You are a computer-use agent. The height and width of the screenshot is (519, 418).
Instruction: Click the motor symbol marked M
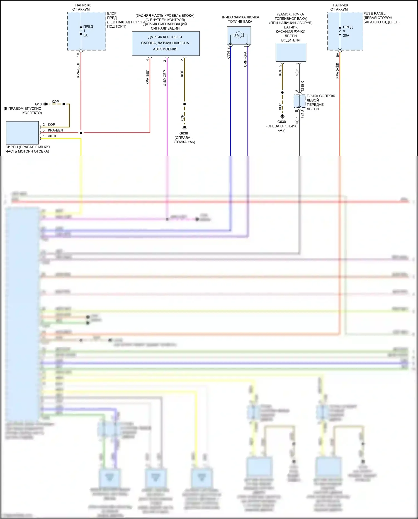238,35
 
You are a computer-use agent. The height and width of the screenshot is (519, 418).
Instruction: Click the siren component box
22,132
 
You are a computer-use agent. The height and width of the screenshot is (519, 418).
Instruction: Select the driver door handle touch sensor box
291,52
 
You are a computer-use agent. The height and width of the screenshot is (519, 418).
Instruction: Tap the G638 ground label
184,133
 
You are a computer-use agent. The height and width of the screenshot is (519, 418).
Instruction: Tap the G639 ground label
281,122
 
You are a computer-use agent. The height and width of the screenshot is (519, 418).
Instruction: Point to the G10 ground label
38,104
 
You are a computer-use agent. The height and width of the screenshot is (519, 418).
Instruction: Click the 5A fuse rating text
85,35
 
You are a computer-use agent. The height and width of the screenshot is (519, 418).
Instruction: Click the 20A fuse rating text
346,35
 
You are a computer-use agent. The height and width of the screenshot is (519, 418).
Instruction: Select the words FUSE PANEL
374,13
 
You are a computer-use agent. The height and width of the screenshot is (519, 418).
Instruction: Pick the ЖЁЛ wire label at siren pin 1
52,136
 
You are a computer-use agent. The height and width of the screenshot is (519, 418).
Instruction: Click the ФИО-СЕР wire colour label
165,78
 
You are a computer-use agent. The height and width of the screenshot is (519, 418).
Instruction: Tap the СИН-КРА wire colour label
245,59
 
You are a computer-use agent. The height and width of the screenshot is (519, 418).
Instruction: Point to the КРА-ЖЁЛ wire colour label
337,71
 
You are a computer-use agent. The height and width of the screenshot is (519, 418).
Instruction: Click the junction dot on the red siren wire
81,133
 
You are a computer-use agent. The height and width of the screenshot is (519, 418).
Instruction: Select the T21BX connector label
303,87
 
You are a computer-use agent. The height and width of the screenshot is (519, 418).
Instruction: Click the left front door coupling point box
299,101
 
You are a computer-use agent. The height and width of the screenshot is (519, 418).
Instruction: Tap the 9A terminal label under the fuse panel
337,55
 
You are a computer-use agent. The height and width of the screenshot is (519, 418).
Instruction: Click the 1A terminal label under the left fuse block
78,55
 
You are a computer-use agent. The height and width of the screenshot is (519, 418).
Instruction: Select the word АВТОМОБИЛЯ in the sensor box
165,49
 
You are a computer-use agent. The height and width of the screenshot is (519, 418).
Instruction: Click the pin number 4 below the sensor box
147,60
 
